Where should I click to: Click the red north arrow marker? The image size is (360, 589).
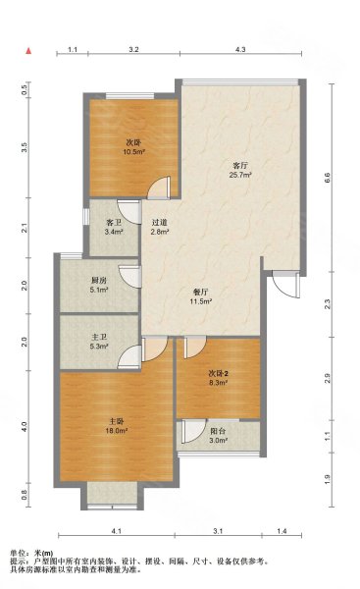pos(28,51)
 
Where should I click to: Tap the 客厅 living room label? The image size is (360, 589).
pos(240,165)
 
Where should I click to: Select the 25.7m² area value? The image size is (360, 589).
pos(240,175)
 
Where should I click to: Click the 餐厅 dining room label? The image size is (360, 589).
pos(200,293)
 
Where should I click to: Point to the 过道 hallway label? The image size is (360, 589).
pos(160,223)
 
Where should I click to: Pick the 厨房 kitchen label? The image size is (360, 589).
pos(99,281)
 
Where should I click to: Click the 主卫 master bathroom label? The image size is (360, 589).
pos(99,338)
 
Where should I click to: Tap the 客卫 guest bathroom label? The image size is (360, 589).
pos(114,223)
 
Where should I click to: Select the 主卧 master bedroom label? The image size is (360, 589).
pos(117,421)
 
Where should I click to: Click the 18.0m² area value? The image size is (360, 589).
pos(117,431)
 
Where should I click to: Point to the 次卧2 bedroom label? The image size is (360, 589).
pos(219,373)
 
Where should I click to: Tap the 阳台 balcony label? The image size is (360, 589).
pos(218,431)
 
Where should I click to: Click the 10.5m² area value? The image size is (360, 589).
pos(134,152)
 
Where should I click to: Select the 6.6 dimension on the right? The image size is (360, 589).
pos(327,177)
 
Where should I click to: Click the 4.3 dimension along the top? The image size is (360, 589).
pos(240,49)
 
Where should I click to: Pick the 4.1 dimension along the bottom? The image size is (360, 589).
pos(117,531)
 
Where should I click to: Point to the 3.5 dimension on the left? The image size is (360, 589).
pos(25,147)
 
